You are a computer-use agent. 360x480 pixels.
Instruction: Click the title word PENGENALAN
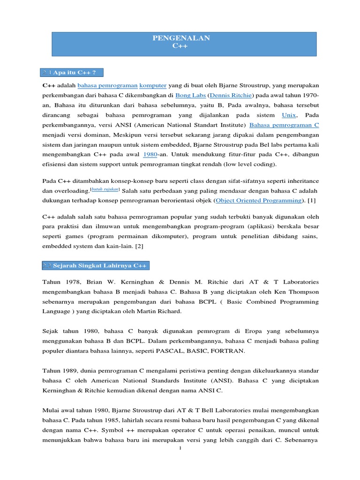coord(180,38)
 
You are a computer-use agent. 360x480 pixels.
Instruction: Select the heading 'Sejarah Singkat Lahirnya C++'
coord(100,266)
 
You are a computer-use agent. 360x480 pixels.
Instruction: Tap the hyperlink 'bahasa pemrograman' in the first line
coord(107,85)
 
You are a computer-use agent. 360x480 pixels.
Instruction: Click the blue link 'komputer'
coord(153,85)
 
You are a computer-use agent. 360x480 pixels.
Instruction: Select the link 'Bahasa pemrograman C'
coord(285,125)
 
